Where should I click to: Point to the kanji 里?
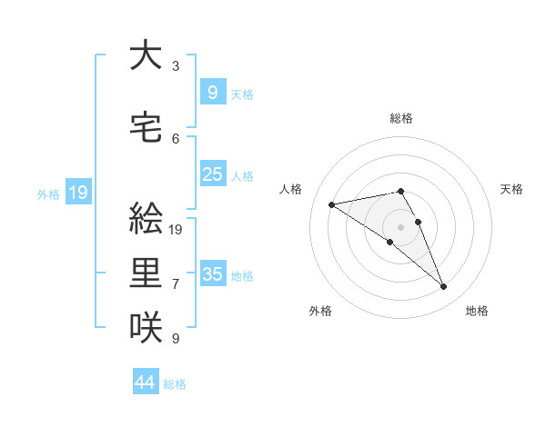pos(146,273)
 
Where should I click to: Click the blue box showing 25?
pos(213,174)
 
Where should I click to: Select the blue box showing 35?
pos(213,273)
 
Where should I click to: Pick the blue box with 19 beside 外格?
pos(77,193)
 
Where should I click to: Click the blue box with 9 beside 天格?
pos(213,92)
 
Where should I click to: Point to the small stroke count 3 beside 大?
pos(176,66)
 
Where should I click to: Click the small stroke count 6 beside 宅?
pos(176,139)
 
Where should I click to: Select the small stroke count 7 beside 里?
pos(176,284)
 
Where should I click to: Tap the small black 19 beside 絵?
pos(177,229)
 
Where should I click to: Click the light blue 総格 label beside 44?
pos(175,384)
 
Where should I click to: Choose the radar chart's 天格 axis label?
pos(511,189)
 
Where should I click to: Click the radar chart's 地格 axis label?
pos(477,311)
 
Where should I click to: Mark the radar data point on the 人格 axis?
pos(332,204)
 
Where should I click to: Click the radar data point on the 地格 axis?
pos(443,287)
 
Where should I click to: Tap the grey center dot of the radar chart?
pos(400,226)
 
